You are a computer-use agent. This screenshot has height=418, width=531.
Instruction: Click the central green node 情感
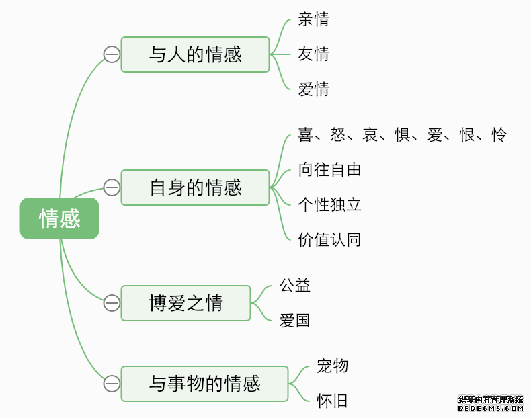click(59, 218)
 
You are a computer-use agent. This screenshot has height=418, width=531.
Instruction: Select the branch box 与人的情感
click(195, 54)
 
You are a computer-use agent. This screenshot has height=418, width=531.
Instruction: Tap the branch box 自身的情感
click(195, 187)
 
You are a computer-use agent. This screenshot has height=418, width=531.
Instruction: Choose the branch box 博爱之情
click(186, 303)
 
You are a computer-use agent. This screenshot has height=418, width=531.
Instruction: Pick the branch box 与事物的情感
click(204, 384)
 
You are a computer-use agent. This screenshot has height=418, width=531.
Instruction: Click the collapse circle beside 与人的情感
click(112, 54)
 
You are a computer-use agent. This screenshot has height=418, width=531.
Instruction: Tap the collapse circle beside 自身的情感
click(112, 187)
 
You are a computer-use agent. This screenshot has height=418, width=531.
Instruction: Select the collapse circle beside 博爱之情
click(112, 303)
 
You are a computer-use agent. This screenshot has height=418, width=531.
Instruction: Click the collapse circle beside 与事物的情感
click(112, 384)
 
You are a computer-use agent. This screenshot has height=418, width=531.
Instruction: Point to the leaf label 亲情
click(314, 19)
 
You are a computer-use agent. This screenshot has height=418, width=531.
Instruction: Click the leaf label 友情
click(314, 54)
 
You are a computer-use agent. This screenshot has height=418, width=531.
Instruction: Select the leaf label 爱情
click(314, 89)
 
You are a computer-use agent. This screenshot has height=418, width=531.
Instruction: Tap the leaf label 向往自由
click(330, 169)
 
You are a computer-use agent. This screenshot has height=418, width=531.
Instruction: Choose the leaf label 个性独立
click(330, 204)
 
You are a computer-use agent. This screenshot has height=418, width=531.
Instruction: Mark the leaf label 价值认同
click(330, 239)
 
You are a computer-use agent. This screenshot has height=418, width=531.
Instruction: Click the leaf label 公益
click(295, 285)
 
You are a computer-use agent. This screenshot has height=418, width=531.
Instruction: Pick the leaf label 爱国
click(295, 320)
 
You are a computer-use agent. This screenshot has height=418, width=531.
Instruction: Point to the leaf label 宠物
click(333, 366)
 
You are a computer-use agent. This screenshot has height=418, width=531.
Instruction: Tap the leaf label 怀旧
click(333, 401)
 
